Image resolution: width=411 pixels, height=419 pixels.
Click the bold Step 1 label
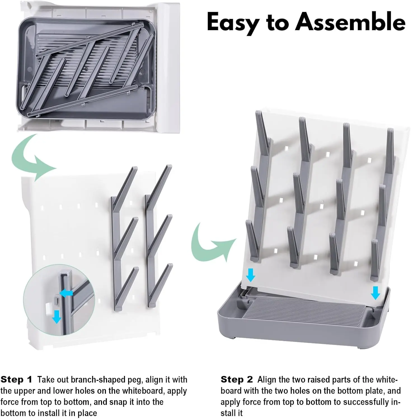coord(17,380)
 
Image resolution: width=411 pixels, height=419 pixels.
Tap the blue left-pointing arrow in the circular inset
coord(66,293)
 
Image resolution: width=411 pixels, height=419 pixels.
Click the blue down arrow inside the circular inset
coord(57,316)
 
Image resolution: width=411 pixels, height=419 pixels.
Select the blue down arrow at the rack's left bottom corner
coord(250,275)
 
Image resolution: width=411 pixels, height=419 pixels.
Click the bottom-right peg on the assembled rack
coord(375,260)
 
